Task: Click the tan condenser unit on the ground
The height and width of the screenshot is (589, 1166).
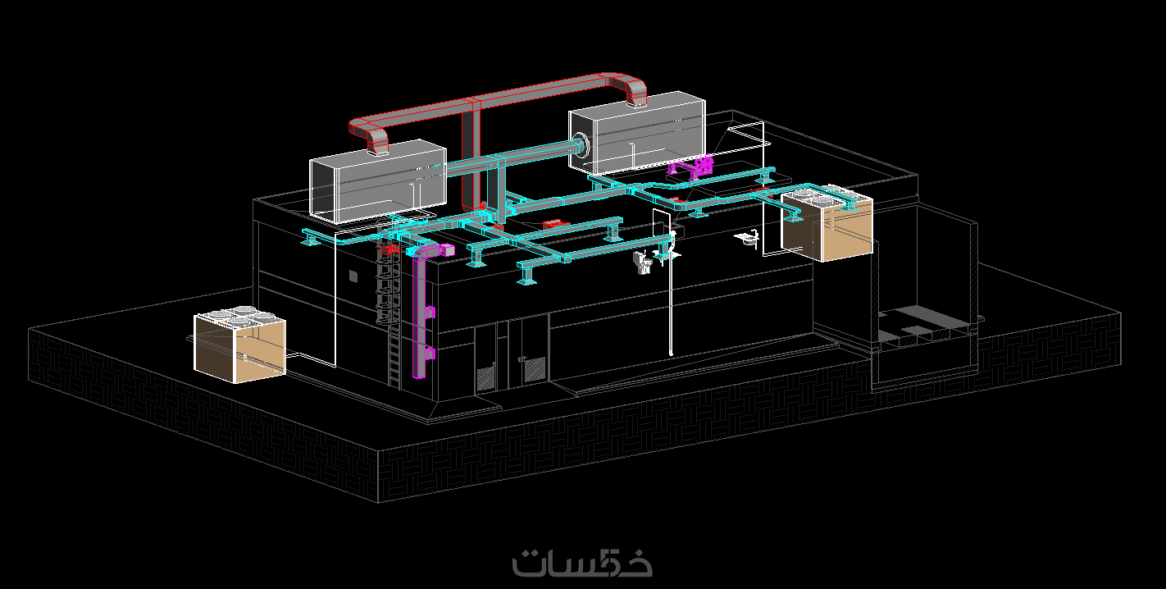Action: tap(239, 345)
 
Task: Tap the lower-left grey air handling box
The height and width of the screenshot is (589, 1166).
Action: tap(378, 181)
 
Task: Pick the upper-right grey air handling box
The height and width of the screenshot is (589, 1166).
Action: tap(636, 134)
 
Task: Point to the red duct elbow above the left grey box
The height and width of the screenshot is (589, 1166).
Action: tap(371, 135)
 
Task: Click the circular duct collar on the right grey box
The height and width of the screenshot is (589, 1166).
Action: tap(581, 144)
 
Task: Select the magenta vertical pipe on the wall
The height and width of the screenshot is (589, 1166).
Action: tap(420, 312)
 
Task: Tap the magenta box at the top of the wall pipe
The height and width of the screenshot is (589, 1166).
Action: tap(447, 250)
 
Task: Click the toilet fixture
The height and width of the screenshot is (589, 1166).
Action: tap(643, 262)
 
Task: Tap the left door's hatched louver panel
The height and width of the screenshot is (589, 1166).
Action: tap(485, 378)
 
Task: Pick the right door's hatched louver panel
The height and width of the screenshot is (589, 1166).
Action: tap(535, 369)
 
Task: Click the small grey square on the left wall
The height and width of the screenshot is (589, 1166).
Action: tap(353, 276)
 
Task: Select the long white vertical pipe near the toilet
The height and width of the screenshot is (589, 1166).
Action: tap(671, 292)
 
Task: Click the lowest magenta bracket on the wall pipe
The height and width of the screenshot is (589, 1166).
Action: tap(430, 354)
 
